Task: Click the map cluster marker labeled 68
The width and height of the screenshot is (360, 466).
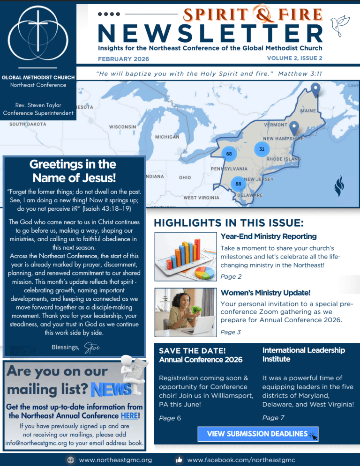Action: (x=228, y=154)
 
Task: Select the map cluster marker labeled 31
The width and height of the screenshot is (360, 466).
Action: (x=262, y=149)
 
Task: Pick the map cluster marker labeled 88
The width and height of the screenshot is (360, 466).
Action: (x=238, y=184)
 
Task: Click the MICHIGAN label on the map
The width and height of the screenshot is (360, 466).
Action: (x=167, y=137)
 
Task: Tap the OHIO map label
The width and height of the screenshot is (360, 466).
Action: (x=185, y=178)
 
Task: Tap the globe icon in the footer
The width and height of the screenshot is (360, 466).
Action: (x=71, y=460)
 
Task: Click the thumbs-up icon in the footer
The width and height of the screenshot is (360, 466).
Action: (x=179, y=460)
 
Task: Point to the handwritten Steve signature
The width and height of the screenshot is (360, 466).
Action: (x=91, y=348)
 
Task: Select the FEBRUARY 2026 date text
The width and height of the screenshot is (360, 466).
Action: (x=123, y=59)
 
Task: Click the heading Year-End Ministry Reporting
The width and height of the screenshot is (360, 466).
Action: (x=268, y=237)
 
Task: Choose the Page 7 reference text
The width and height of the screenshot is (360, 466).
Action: (x=273, y=418)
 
